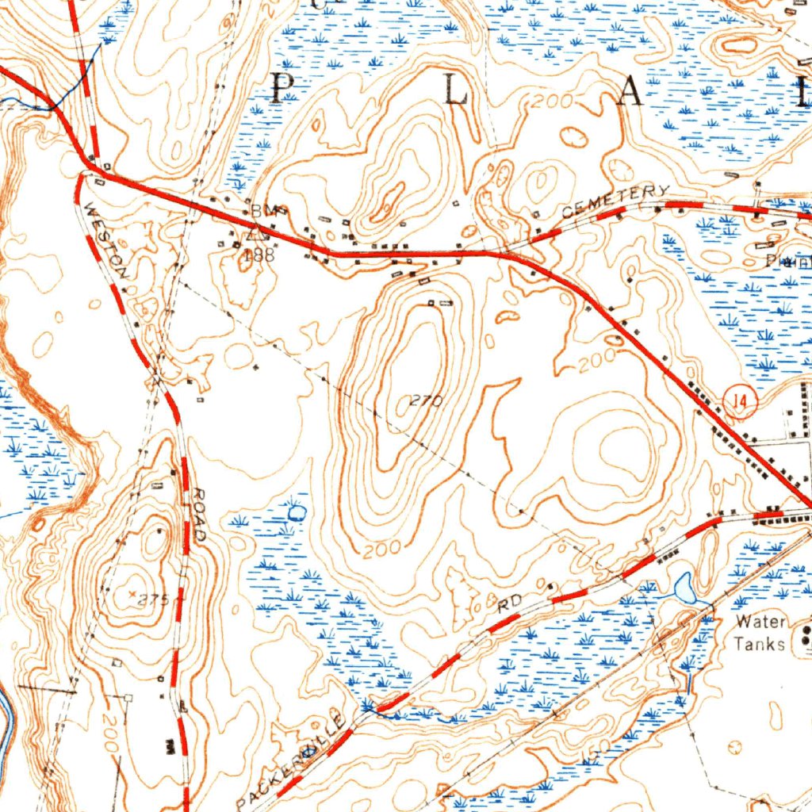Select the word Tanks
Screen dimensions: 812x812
click(x=759, y=643)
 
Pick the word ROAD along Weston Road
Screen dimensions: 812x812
click(x=196, y=515)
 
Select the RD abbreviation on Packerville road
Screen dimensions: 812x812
click(x=511, y=603)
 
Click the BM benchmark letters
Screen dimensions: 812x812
click(x=262, y=210)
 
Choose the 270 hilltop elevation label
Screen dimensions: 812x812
click(x=426, y=401)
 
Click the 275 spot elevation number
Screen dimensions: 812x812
click(x=153, y=600)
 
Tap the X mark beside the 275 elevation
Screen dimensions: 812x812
click(x=132, y=592)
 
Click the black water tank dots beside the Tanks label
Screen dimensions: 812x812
click(x=806, y=633)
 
